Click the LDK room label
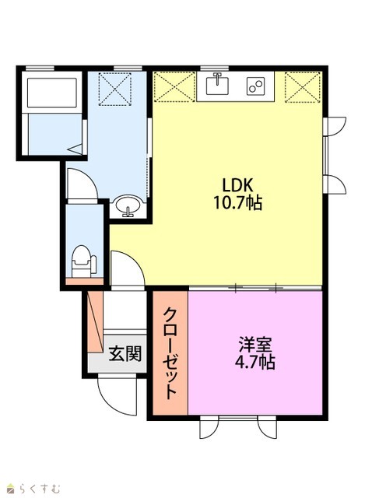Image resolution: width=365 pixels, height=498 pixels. [237, 184]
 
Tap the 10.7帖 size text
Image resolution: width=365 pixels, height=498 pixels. [237, 202]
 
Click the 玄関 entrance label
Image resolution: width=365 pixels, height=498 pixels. [125, 352]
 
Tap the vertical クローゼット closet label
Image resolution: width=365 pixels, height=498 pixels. [170, 352]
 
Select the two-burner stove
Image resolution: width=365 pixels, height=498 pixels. [256, 86]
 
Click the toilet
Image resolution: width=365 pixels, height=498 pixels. [84, 261]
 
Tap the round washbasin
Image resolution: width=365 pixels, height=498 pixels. [128, 205]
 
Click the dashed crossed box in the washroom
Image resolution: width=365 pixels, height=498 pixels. [115, 89]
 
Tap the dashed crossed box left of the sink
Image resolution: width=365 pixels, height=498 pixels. [174, 86]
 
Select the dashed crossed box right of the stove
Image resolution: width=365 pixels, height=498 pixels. [303, 87]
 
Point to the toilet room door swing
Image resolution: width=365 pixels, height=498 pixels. [82, 184]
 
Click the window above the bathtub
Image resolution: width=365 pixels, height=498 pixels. [40, 68]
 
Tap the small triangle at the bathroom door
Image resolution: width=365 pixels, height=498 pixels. [75, 149]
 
